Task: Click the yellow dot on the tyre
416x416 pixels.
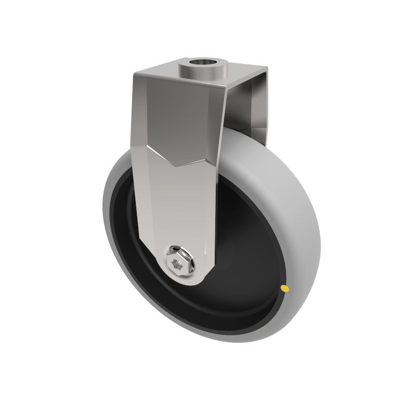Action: (x=284, y=288)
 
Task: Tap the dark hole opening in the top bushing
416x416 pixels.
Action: (x=204, y=64)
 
